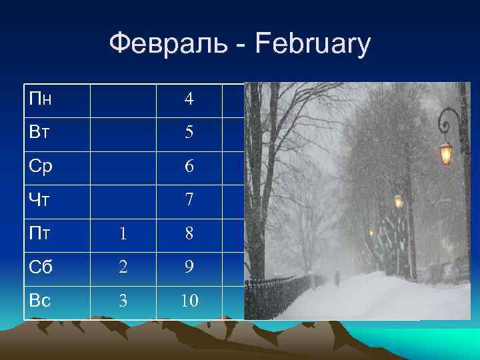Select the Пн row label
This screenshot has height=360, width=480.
tap(41, 100)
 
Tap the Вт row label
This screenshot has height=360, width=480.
tap(39, 133)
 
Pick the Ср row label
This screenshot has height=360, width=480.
tap(41, 166)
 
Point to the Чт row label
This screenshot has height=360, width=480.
tap(39, 199)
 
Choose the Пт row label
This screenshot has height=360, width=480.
tap(39, 233)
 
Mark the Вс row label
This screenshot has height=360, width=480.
tap(41, 300)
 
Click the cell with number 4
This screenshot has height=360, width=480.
tap(189, 100)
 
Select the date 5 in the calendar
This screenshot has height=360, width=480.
tap(189, 133)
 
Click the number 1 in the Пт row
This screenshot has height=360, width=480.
tap(122, 234)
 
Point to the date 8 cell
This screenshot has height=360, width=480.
tap(189, 234)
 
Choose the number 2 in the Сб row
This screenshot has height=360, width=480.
tap(122, 267)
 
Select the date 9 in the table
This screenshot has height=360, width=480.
tap(189, 267)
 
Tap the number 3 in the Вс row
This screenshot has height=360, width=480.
tap(122, 301)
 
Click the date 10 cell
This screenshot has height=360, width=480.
tap(189, 301)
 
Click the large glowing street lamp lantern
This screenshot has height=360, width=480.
tap(446, 153)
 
